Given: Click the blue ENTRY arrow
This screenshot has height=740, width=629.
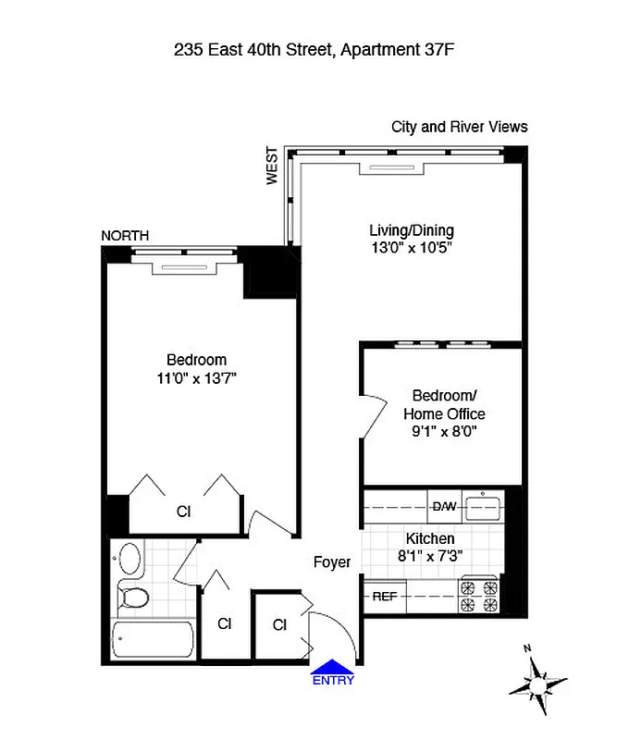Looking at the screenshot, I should pyautogui.click(x=332, y=668).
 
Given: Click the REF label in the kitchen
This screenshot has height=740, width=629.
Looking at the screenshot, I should pyautogui.click(x=384, y=597).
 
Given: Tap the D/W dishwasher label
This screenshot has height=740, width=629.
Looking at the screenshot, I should pyautogui.click(x=442, y=506).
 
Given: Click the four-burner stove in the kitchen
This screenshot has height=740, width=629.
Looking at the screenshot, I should pyautogui.click(x=479, y=596).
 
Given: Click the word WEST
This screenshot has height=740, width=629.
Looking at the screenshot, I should pyautogui.click(x=272, y=166).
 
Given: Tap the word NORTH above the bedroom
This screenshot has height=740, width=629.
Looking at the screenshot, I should pyautogui.click(x=125, y=236).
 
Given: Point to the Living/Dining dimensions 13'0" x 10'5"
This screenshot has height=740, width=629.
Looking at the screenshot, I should pyautogui.click(x=411, y=248).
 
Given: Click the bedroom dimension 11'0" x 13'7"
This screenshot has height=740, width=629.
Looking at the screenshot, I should pyautogui.click(x=196, y=377).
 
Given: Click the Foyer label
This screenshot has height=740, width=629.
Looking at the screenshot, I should pyautogui.click(x=332, y=561).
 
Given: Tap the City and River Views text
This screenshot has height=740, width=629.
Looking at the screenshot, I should pyautogui.click(x=459, y=127).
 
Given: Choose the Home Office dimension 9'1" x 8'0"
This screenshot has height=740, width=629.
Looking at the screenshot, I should pyautogui.click(x=443, y=431).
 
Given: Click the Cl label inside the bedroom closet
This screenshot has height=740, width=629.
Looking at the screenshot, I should pyautogui.click(x=183, y=511).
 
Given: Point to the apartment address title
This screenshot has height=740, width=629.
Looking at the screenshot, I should pyautogui.click(x=314, y=51).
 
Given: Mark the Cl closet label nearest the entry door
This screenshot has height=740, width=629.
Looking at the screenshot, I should pyautogui.click(x=279, y=625).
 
